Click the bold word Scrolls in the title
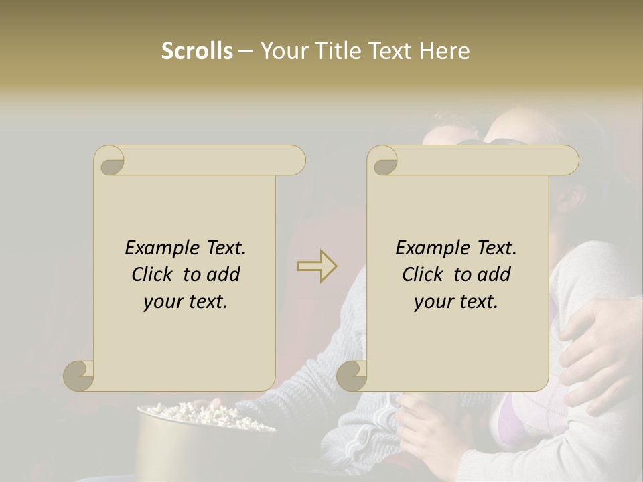(197, 51)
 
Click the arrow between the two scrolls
(317, 266)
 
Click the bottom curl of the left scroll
(78, 376)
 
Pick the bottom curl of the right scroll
(352, 376)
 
